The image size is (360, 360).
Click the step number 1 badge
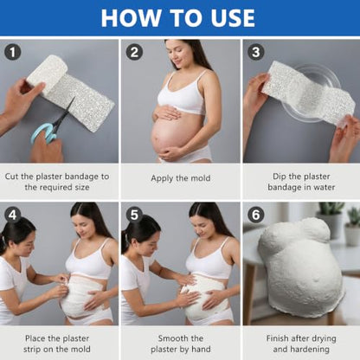(x=13, y=52)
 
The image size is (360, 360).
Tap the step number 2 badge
(x=134, y=52)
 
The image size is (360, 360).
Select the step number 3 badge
(x=256, y=52)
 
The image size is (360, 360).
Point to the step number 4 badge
(x=13, y=215)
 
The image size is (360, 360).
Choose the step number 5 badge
(x=134, y=215)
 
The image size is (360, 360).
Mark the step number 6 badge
(x=256, y=215)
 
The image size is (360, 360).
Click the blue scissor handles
(x=43, y=133)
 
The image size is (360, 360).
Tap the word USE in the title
(x=233, y=18)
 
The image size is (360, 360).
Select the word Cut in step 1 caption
(x=11, y=177)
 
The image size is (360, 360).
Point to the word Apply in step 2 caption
(x=161, y=178)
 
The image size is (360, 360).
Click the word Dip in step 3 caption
(x=280, y=177)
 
